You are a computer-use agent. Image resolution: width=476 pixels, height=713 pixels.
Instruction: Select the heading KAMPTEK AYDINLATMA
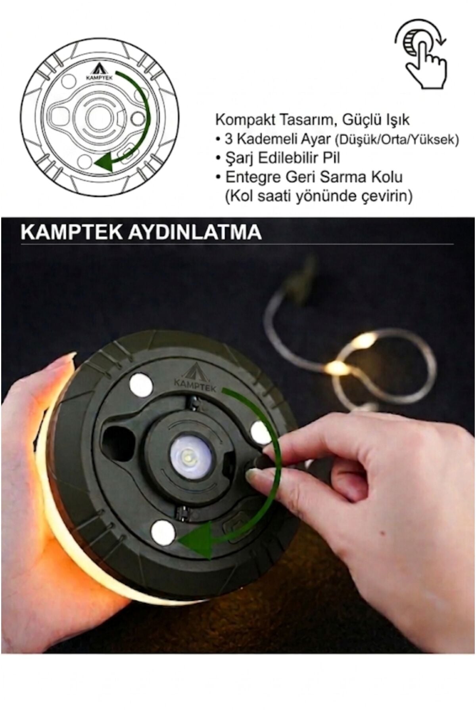tap(141, 233)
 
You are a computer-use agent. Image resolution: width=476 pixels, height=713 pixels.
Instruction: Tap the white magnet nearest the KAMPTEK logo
tap(140, 384)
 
